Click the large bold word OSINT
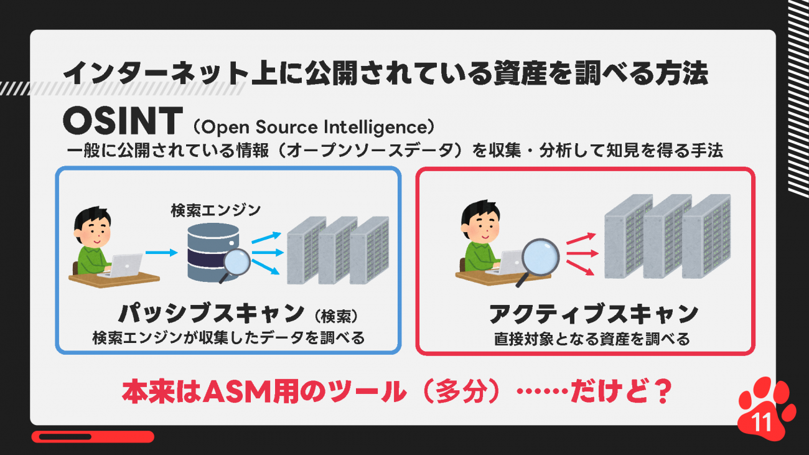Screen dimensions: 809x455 coord(123,121)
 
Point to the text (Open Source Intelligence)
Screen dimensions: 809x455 coord(314,127)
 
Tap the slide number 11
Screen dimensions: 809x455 coord(762,421)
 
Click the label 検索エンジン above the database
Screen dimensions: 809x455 coord(215,210)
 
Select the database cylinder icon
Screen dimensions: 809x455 coord(213,251)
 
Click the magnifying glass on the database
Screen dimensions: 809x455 coord(235,265)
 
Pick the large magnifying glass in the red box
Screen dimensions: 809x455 coord(538,261)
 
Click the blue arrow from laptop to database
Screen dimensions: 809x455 coord(161,253)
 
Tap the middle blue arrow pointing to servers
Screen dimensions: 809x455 coord(268,253)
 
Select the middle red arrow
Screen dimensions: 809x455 coord(582,253)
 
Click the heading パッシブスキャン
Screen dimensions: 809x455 coord(212,313)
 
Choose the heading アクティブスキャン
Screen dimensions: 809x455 coord(593,314)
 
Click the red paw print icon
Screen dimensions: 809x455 coord(765,409)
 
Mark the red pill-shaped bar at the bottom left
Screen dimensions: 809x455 coord(93,436)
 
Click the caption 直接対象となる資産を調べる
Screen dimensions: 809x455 coord(592,339)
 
